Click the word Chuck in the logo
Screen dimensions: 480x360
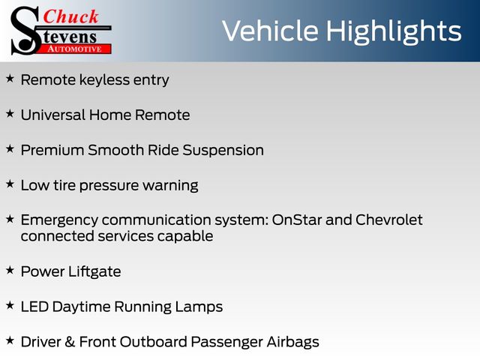click(x=70, y=16)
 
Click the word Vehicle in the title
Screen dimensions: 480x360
click(x=270, y=31)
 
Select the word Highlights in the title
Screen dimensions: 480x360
click(x=394, y=32)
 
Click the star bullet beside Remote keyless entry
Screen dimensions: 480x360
click(x=10, y=79)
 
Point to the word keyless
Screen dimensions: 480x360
click(x=104, y=79)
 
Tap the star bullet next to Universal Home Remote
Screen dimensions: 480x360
click(x=10, y=114)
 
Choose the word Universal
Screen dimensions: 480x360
click(x=53, y=115)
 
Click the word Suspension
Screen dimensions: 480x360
click(x=223, y=151)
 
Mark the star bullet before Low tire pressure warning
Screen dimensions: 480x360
click(x=10, y=184)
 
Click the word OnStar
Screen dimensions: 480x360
click(x=297, y=220)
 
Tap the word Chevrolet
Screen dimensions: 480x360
click(x=389, y=220)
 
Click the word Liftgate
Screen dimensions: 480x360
click(x=94, y=271)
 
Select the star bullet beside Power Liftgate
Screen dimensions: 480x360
click(x=10, y=270)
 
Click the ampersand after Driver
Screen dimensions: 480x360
click(x=70, y=342)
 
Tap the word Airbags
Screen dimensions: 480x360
click(x=292, y=343)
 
